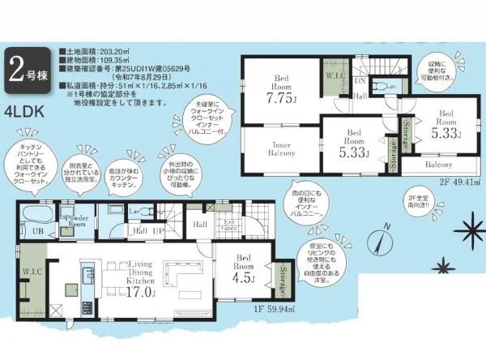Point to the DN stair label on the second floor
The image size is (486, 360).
pos(361,82)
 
